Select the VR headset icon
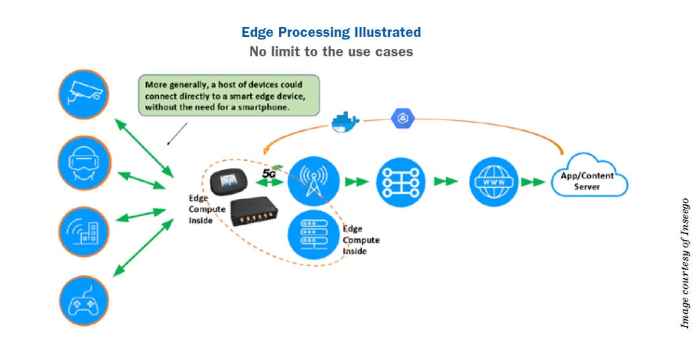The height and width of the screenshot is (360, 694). pos(84,162)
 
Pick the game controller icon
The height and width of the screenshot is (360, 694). pos(84,301)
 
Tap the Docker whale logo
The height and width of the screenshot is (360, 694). pos(345,121)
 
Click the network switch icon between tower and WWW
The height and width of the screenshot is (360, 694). pos(401,181)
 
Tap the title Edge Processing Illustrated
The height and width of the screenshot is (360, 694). pos(331,32)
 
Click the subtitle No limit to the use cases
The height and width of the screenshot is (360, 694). pos(331,52)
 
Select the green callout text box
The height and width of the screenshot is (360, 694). pos(227,96)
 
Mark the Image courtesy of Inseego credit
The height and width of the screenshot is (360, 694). pos(685,263)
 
